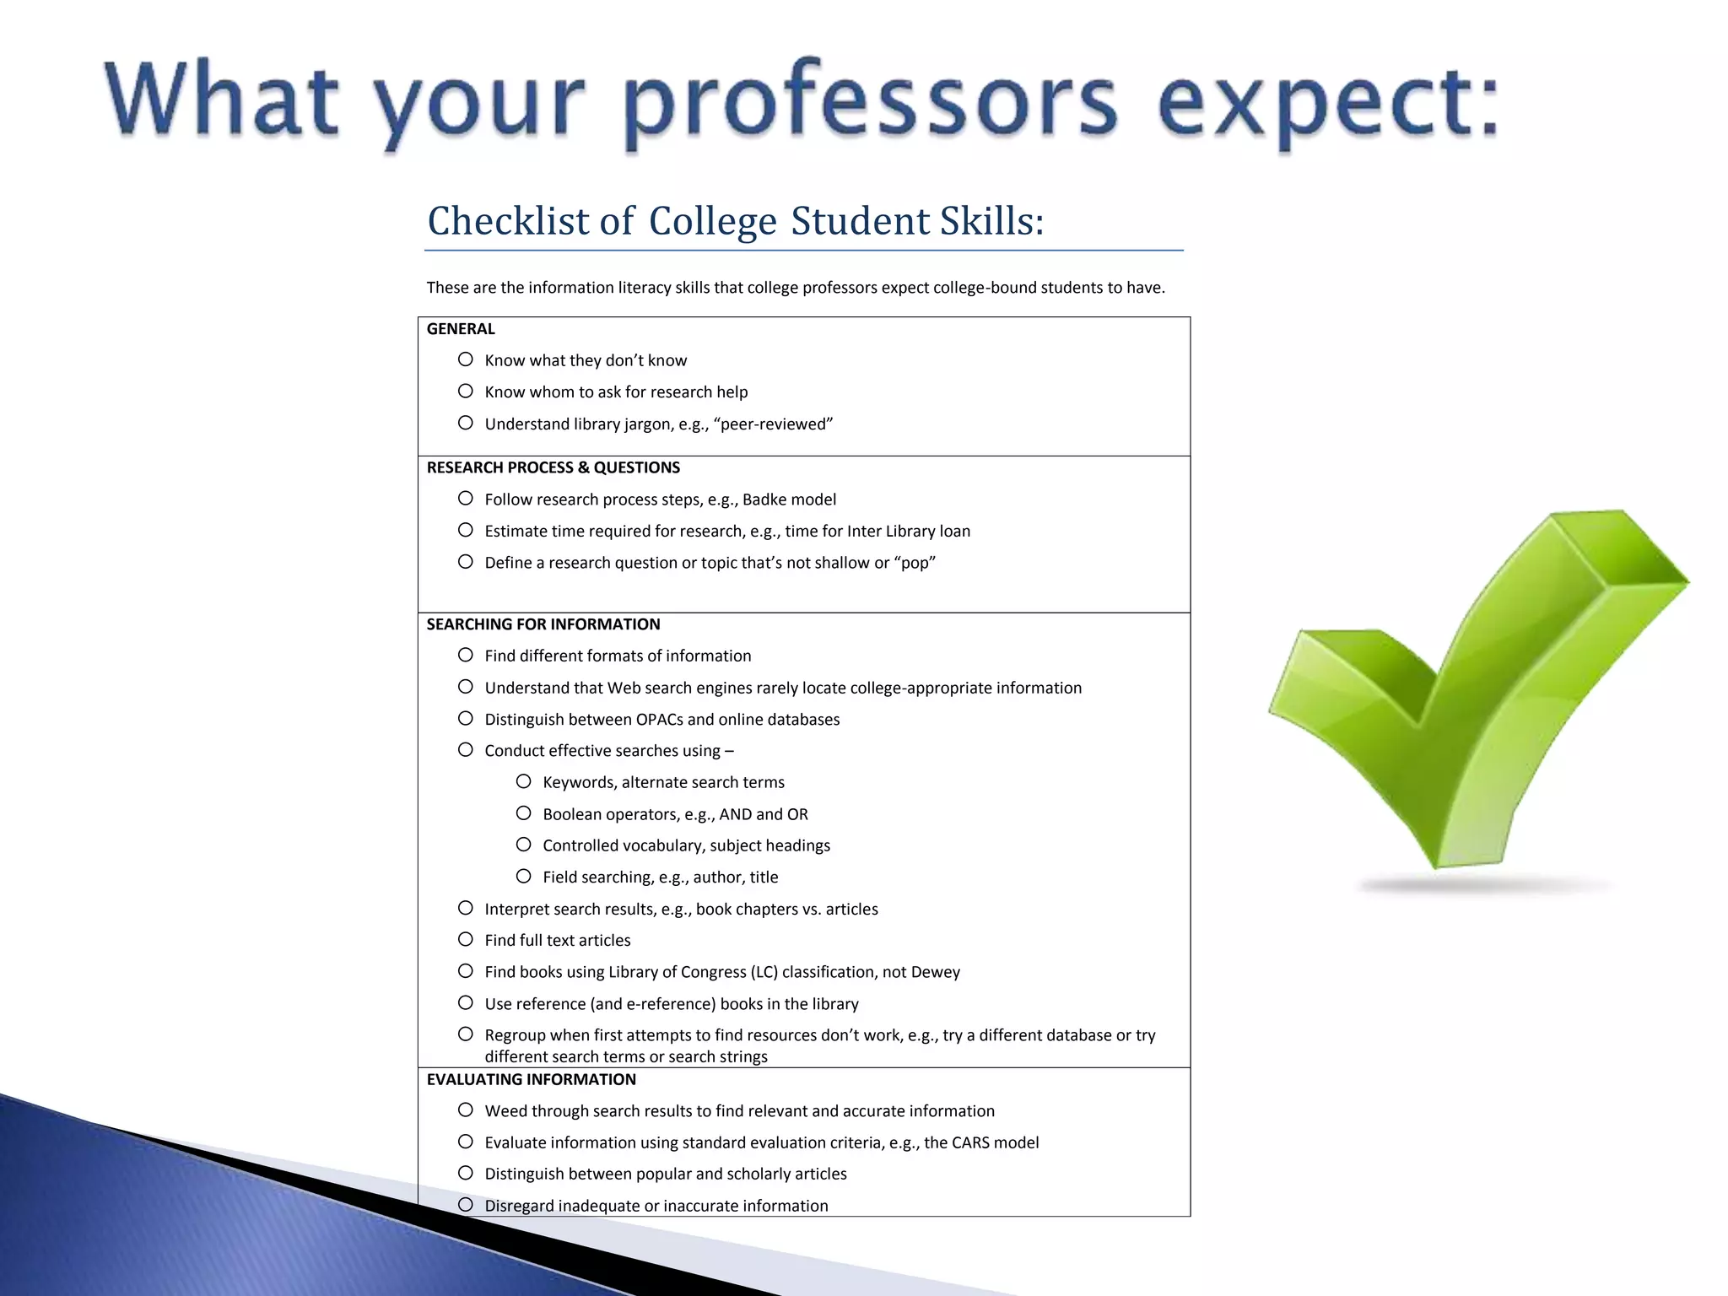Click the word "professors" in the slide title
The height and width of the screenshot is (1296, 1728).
[x=873, y=105]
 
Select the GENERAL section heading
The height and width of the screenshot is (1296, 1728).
[x=461, y=329]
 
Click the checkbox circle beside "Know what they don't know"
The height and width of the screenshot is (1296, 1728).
[x=466, y=359]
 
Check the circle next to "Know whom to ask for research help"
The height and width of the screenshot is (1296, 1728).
[x=466, y=391]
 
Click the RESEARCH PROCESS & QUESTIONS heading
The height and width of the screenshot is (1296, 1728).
[x=553, y=467]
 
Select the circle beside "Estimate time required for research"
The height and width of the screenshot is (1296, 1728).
[x=466, y=531]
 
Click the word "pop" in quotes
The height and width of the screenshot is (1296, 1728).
[x=915, y=563]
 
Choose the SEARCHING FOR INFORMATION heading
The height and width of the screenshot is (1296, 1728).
[x=543, y=624]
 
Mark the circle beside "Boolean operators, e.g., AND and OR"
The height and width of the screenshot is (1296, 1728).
[x=524, y=813]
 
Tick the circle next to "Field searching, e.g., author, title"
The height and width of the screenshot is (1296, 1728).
[x=524, y=877]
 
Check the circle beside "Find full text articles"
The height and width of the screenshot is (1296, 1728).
[x=466, y=940]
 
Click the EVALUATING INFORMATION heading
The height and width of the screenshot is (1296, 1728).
[x=532, y=1079]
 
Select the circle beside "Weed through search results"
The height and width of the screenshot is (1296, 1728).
[x=466, y=1110]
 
